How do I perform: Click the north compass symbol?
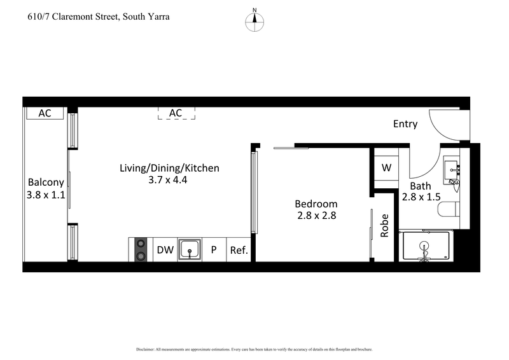[254, 19]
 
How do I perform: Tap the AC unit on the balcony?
[45, 113]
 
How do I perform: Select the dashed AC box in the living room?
[176, 113]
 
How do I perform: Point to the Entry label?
[405, 124]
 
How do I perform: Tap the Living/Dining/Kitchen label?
[169, 168]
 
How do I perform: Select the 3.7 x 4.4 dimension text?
[169, 180]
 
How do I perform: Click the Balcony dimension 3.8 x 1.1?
[46, 195]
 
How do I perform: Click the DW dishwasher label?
[164, 250]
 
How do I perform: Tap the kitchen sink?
[190, 249]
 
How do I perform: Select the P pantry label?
[214, 250]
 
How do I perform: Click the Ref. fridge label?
[239, 250]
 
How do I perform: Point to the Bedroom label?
[315, 204]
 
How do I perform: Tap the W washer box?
[386, 168]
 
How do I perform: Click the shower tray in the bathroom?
[424, 246]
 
